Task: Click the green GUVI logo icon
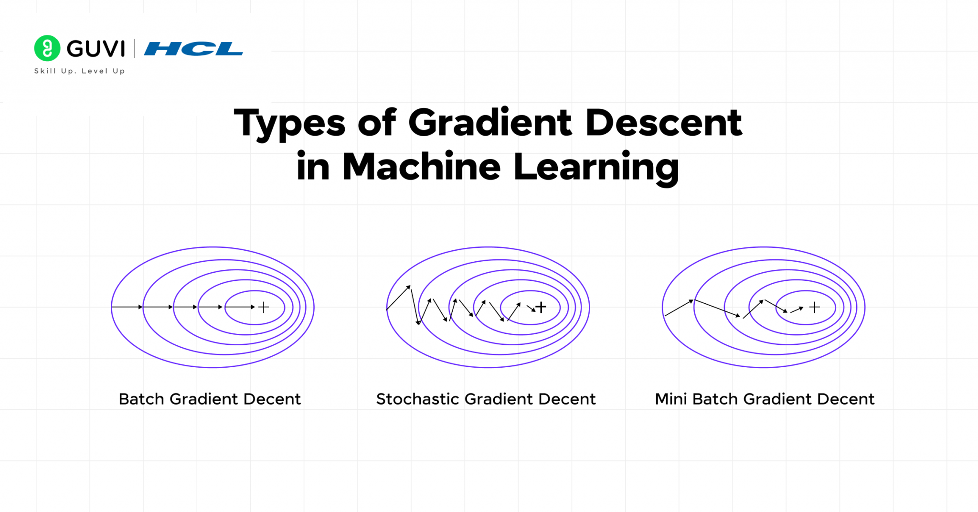47,48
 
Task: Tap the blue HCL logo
193,49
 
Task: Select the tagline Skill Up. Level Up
79,71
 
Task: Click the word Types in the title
289,123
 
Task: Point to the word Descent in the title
664,123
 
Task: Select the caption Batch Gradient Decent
210,399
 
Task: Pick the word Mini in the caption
670,399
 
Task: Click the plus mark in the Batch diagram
264,307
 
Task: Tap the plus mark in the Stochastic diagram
541,307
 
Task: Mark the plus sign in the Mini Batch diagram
815,307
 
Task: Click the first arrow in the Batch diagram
127,307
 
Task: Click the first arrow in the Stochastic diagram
398,298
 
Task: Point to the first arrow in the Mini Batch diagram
679,308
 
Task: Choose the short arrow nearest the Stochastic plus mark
531,309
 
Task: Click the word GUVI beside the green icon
96,49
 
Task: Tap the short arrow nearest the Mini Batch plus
797,310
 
